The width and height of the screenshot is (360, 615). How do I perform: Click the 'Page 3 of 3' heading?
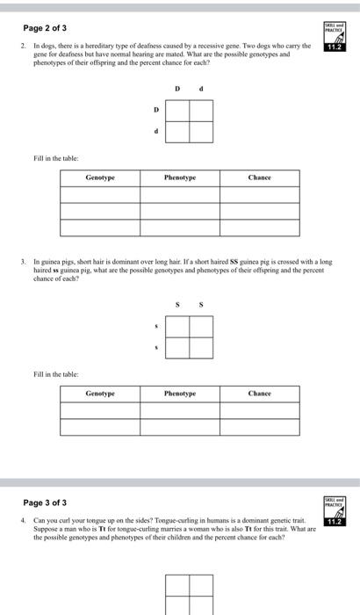(x=46, y=503)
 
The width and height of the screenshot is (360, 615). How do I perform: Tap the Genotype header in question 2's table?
(x=100, y=177)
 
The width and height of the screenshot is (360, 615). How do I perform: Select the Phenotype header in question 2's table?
(x=180, y=177)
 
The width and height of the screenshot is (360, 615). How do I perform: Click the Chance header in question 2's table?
(x=260, y=177)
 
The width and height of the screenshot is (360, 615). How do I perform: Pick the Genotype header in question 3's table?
(x=100, y=394)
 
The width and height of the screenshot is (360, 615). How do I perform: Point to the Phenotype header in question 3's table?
(x=180, y=394)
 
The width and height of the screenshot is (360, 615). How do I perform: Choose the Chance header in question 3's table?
(x=260, y=394)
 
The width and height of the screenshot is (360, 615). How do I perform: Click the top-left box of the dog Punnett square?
(x=177, y=111)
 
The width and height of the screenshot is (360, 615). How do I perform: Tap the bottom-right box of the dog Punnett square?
(x=201, y=132)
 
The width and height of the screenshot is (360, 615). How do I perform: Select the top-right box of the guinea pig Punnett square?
(x=201, y=326)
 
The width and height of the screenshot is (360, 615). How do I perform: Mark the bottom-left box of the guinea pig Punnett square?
(x=177, y=347)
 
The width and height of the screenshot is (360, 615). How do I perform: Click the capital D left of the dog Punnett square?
(x=156, y=111)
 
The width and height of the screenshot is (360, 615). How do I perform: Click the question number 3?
(x=24, y=263)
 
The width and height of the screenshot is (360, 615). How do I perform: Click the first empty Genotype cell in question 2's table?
(x=100, y=194)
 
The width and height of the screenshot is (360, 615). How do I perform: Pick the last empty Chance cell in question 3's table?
(x=260, y=427)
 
